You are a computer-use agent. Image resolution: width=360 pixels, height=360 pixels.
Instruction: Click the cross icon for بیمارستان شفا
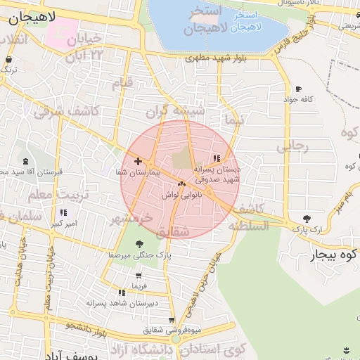point(138,161)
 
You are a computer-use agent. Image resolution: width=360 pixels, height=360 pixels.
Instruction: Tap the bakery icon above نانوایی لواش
point(181,184)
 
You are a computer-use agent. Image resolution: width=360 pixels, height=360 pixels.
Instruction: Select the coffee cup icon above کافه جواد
point(299,89)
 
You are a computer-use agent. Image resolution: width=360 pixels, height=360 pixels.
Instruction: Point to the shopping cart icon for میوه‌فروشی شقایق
point(172,320)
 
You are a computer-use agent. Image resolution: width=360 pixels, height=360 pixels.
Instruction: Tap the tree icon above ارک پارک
point(306,219)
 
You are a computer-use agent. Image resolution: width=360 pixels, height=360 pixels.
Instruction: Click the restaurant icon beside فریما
point(122,292)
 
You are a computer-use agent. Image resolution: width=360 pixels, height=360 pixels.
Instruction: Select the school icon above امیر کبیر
point(63,212)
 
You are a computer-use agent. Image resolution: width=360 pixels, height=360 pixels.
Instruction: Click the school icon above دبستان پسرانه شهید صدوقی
point(216,158)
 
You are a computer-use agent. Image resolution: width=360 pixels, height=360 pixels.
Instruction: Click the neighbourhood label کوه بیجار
point(335,255)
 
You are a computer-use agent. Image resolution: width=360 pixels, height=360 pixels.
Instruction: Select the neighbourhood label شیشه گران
point(175,110)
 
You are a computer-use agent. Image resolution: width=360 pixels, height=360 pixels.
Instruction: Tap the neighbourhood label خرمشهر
point(131,218)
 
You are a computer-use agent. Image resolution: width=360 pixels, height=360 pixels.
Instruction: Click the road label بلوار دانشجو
point(71,326)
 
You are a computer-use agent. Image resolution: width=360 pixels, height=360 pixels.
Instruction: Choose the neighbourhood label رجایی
point(292,146)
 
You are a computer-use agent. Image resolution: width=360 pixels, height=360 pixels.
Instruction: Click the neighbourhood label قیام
point(121,83)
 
